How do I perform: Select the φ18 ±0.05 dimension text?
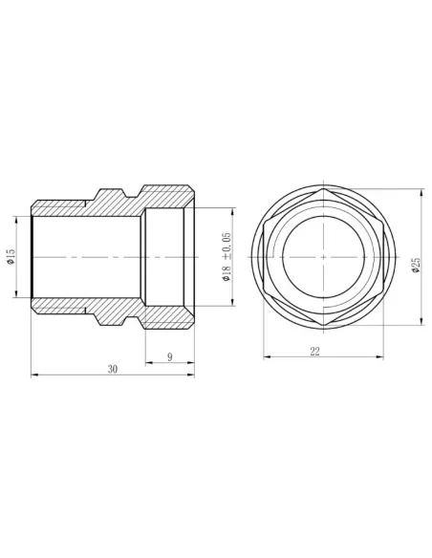point(227,256)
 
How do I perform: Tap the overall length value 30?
point(112,369)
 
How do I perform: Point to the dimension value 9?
point(169,356)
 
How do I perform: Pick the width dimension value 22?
point(314,351)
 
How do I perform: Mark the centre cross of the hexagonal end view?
point(324,257)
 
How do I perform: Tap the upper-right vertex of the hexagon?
point(384,222)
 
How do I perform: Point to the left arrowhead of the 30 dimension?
point(34,376)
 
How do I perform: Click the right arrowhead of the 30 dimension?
point(193,376)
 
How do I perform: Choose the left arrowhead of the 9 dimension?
point(147,363)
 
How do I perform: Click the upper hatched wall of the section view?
point(115,203)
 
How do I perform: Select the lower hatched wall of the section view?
point(115,311)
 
